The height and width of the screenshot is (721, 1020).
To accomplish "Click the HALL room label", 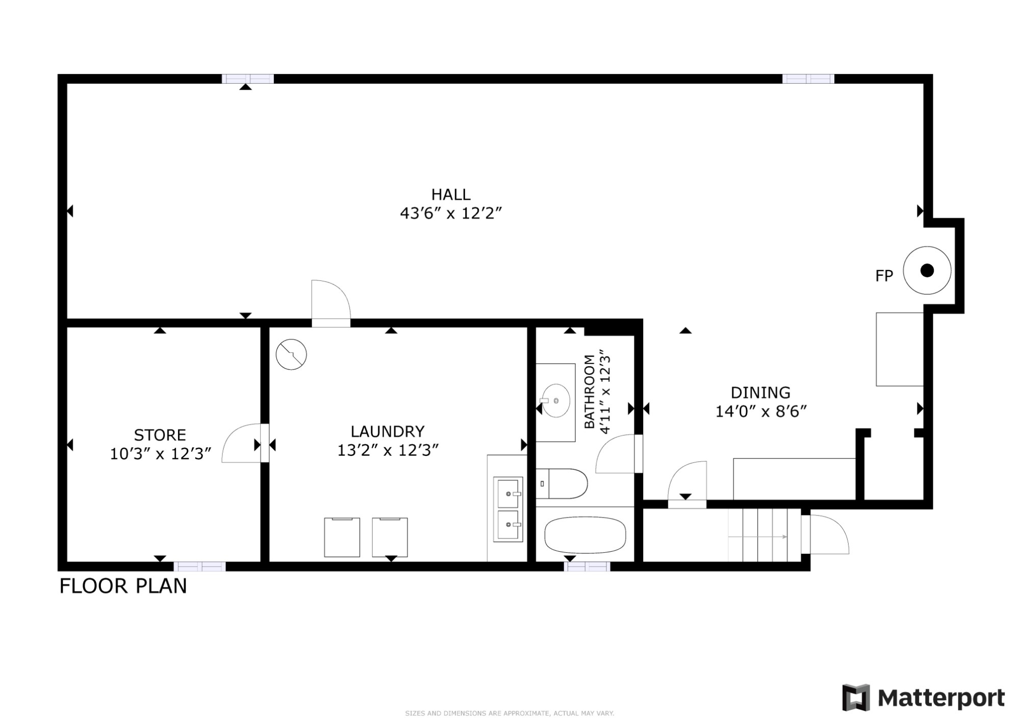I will (x=451, y=195).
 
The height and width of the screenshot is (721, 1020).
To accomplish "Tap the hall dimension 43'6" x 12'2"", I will (x=451, y=214).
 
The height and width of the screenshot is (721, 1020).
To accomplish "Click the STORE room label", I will (x=160, y=435).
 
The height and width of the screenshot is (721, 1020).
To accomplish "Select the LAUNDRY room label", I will (x=387, y=432).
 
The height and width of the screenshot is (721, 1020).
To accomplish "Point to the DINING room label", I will (x=760, y=393).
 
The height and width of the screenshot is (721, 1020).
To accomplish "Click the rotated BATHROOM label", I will (x=590, y=392).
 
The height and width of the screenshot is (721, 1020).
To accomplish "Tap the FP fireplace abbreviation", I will (x=884, y=276).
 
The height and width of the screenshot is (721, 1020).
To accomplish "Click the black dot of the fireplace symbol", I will (x=927, y=270).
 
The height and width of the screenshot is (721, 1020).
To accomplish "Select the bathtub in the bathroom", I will (x=585, y=535).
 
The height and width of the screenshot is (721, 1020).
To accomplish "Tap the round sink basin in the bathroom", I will (x=555, y=401).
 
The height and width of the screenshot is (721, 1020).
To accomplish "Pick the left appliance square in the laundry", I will (x=342, y=537).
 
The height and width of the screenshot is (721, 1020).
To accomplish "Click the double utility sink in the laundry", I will (x=507, y=509).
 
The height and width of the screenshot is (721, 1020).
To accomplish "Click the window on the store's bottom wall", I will (x=199, y=566).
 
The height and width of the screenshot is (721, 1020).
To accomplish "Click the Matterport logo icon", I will (x=855, y=698).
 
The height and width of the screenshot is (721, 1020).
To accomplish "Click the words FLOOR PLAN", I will (x=123, y=586).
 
